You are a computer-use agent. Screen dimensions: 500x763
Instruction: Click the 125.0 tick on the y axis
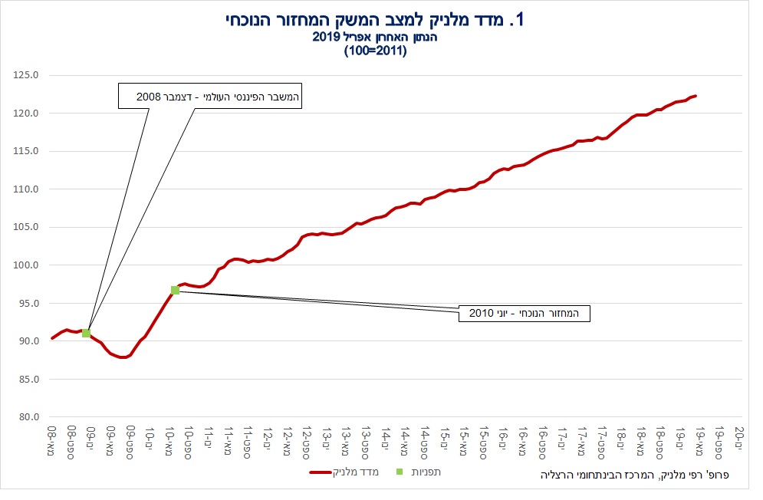coord(27,75)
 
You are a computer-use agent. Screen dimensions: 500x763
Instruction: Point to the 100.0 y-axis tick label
coord(27,265)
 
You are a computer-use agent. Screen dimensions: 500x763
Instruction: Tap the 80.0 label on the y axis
coord(28,417)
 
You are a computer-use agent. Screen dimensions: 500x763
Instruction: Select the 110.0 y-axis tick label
coord(27,189)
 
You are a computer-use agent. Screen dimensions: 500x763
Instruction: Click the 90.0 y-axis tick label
coord(28,341)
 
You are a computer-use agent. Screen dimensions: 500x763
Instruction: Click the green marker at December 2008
coord(87,333)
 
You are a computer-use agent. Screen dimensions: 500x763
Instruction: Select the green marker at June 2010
coord(175,290)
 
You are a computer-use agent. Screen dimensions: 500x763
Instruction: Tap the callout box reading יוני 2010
coord(524,313)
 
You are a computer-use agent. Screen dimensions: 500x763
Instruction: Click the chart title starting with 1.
coord(375,20)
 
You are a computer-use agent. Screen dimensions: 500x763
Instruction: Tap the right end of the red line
coord(695,96)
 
